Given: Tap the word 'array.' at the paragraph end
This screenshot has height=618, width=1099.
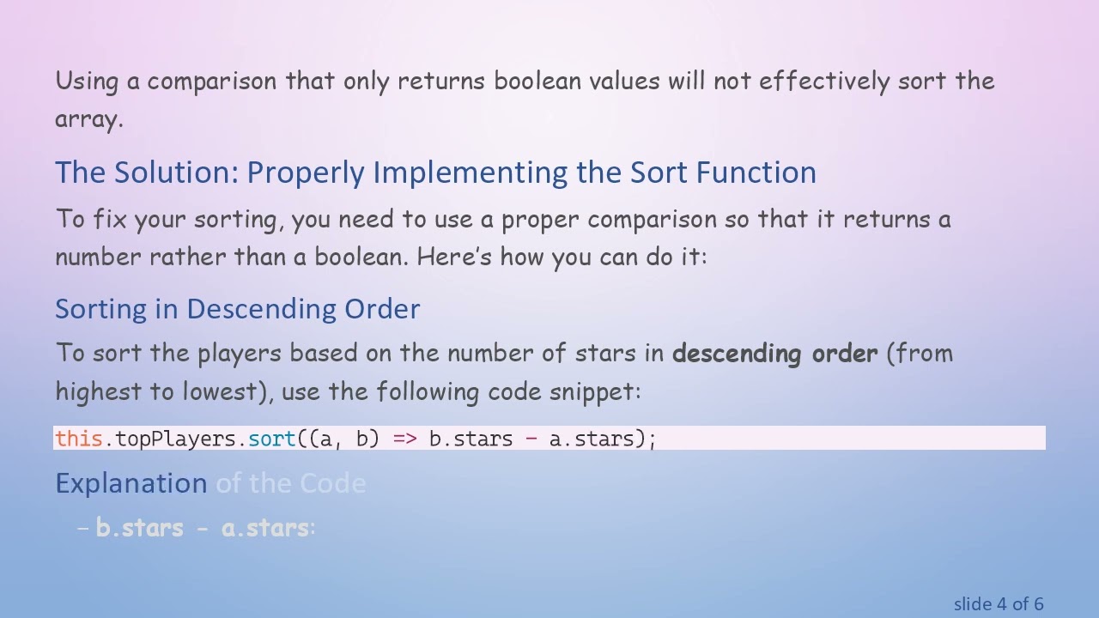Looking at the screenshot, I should [x=89, y=119].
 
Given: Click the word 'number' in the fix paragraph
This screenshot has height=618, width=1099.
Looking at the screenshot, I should [x=98, y=257].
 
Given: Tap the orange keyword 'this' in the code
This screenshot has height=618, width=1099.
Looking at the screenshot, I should [x=79, y=439].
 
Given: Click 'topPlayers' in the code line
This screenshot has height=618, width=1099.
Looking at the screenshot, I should [x=175, y=439].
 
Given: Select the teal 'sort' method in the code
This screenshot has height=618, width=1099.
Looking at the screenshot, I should [x=272, y=439].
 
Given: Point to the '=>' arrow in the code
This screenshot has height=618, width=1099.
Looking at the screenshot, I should [x=404, y=439].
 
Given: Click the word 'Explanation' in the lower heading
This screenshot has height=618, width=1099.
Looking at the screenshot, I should [x=131, y=483].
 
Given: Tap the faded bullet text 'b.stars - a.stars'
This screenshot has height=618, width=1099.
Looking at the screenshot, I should [x=202, y=528].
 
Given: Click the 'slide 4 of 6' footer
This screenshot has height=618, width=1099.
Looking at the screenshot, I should [x=998, y=604].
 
